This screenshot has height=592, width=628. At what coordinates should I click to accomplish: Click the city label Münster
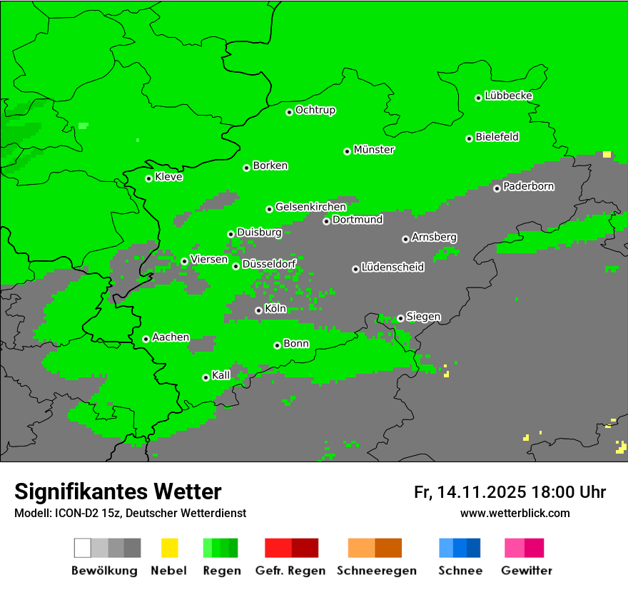pyautogui.click(x=374, y=150)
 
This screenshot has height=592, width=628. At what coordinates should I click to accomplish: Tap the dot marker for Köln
pyautogui.click(x=258, y=310)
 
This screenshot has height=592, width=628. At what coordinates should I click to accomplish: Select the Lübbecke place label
pyautogui.click(x=508, y=96)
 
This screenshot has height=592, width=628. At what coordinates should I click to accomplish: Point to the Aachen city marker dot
pyautogui.click(x=146, y=339)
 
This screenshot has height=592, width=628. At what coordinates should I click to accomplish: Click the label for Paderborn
pyautogui.click(x=528, y=186)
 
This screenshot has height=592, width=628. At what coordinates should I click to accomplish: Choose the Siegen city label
pyautogui.click(x=423, y=317)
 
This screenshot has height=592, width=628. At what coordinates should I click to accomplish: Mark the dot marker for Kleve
pyautogui.click(x=148, y=178)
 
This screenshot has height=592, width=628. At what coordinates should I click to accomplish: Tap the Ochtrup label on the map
pyautogui.click(x=315, y=110)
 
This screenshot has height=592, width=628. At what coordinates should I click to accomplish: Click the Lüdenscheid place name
pyautogui.click(x=392, y=267)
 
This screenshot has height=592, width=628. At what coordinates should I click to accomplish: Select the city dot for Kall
pyautogui.click(x=206, y=377)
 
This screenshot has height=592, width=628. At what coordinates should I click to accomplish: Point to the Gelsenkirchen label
pyautogui.click(x=310, y=207)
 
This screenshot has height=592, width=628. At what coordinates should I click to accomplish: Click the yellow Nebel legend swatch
pyautogui.click(x=169, y=548)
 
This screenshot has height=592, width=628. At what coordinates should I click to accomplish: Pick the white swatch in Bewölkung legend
pyautogui.click(x=83, y=548)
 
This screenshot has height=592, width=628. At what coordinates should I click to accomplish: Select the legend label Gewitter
pyautogui.click(x=526, y=571)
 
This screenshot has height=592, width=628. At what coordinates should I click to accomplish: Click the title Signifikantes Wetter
pyautogui.click(x=118, y=491)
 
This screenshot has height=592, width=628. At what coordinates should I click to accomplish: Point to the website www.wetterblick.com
pyautogui.click(x=515, y=513)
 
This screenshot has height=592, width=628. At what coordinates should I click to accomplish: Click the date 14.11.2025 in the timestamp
pyautogui.click(x=482, y=492)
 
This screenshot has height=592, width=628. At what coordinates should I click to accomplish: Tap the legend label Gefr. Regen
pyautogui.click(x=290, y=571)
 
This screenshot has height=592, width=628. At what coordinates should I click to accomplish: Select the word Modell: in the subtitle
pyautogui.click(x=32, y=514)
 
